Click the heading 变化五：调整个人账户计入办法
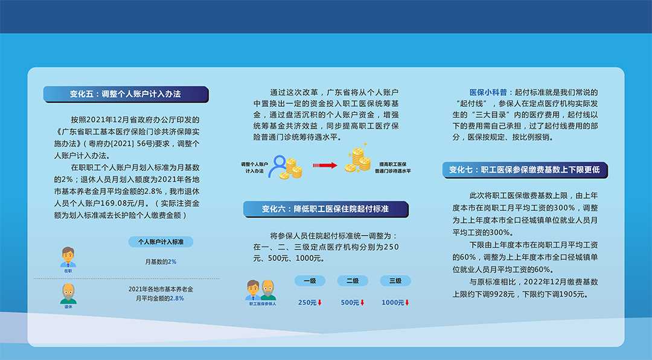point(126,94)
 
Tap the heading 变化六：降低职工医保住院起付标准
point(325,209)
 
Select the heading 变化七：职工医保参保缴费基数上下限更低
point(525,170)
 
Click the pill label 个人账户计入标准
point(161,242)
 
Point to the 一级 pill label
point(310,281)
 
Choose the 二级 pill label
point(353,281)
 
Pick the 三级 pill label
point(395,281)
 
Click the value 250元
point(308,303)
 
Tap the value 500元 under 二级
point(350,303)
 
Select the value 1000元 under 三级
point(393,303)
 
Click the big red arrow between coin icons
point(325,166)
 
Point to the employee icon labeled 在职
point(68,257)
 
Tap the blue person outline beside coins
point(278,167)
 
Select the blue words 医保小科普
point(488,92)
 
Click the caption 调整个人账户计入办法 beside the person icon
point(255,168)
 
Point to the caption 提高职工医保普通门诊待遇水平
point(393,168)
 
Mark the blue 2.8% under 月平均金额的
point(177,298)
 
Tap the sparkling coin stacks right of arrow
point(358,159)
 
